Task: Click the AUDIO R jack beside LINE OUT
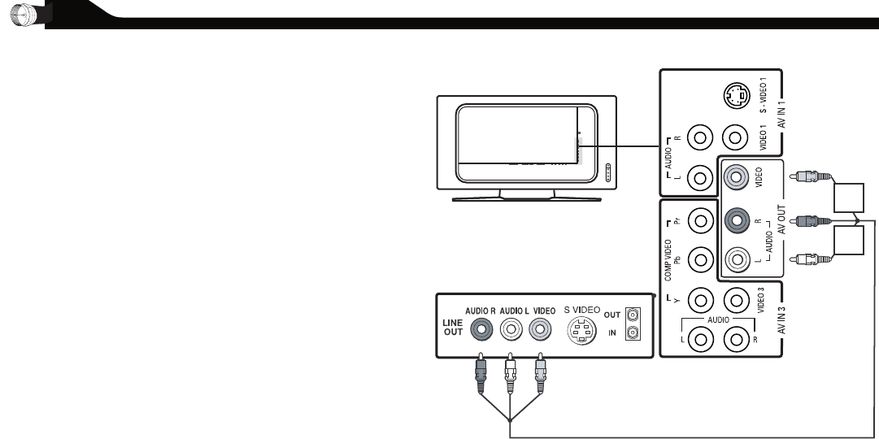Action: pos(483,330)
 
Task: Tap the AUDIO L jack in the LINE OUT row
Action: pos(511,330)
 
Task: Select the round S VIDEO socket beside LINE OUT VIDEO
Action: pos(581,330)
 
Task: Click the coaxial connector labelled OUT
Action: pos(633,315)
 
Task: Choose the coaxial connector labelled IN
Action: pos(633,333)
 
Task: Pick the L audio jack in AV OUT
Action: pos(736,260)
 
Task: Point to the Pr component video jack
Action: pos(700,219)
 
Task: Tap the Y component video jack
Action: pos(700,300)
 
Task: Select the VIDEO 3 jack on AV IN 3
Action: pos(736,300)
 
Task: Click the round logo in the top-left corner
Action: pos(17,14)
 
